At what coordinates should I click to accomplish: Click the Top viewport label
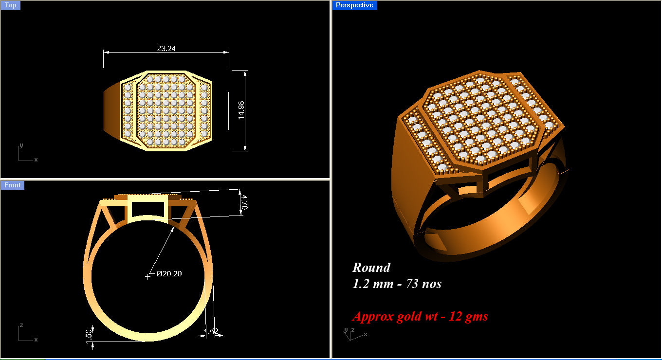coord(10,5)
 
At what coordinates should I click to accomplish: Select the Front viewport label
coord(13,185)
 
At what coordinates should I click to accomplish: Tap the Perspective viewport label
coord(354,5)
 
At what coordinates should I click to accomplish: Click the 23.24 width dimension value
coord(166,48)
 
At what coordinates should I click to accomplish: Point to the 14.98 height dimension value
coord(241,110)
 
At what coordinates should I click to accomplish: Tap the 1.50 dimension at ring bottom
coord(89,335)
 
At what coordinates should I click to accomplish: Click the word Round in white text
coord(371,268)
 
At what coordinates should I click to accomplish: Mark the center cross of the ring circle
coord(147,277)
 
